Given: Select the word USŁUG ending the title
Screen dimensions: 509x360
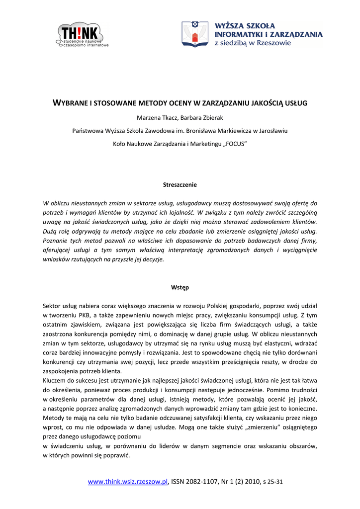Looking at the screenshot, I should (297, 103).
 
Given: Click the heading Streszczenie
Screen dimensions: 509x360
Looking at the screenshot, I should (180, 184).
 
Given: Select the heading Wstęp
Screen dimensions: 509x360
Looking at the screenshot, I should (180, 287).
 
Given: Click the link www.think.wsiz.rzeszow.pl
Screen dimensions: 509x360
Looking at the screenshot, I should (128, 481).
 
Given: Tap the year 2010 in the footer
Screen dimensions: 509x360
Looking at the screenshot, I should (253, 481).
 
